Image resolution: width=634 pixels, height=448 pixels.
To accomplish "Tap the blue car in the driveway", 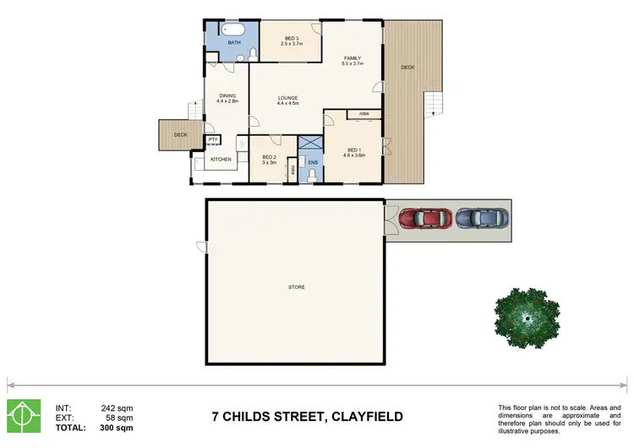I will [482, 218].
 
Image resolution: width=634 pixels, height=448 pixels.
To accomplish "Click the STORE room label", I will [295, 287].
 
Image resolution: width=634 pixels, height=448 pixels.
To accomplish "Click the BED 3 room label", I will [291, 39].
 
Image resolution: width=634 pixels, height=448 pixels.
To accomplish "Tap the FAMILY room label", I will [352, 59].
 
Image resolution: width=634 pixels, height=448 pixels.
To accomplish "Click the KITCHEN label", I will [221, 159].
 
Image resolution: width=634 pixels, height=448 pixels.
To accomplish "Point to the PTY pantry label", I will [213, 139].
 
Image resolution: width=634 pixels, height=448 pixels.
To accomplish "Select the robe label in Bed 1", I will [363, 113].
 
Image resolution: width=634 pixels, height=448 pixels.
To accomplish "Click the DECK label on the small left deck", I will [180, 134].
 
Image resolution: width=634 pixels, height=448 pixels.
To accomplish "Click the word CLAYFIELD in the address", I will [356, 416].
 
